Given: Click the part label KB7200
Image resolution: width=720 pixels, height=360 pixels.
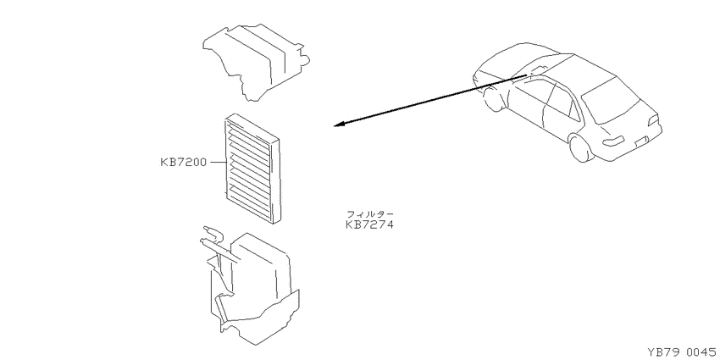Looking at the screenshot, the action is click(183, 162).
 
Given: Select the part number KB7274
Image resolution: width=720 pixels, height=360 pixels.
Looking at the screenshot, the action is click(369, 225).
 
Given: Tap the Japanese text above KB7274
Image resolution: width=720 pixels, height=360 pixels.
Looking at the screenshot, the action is click(369, 214).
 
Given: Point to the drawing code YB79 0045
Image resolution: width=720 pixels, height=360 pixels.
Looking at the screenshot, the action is click(681, 352).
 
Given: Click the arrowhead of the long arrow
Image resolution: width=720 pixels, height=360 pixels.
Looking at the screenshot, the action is click(339, 124).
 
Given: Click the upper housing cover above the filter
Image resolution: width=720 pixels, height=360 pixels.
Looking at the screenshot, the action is click(256, 62).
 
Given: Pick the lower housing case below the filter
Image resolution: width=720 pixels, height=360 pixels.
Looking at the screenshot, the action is click(250, 287).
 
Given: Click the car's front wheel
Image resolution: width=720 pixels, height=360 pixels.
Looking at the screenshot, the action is click(492, 100).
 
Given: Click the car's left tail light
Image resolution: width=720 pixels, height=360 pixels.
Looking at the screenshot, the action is click(613, 141).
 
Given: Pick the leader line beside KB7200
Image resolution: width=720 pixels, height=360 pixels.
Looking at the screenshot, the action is click(217, 162).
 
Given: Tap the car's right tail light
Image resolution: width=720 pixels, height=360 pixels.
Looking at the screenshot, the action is click(654, 119).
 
